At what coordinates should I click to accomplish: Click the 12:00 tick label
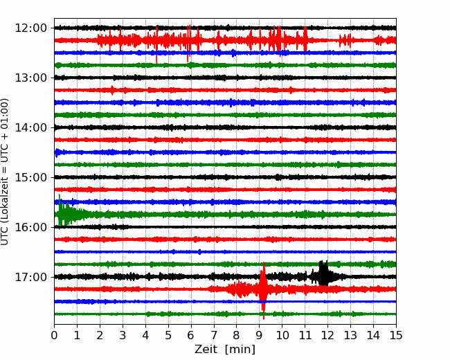coord(30,28)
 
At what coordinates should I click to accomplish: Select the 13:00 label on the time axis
coord(30,78)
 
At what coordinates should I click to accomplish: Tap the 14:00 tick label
coord(30,128)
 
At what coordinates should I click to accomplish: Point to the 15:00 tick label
coord(30,177)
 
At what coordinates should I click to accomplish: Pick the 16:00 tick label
coord(30,227)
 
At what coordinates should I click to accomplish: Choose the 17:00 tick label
coord(30,277)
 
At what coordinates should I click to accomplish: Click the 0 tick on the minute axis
coord(54,335)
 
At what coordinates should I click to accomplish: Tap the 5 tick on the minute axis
coord(168,335)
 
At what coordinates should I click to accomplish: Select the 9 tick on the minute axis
coord(260,335)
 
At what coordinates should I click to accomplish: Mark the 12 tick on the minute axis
coord(327,335)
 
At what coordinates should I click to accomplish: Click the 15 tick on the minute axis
coord(396,335)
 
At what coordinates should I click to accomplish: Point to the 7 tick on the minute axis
coord(214,335)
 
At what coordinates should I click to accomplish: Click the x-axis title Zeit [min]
coord(225,350)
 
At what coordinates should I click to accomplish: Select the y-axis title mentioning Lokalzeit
coord(5,172)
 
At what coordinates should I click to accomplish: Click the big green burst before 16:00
coord(64,212)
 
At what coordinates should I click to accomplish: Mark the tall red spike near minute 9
coord(263,290)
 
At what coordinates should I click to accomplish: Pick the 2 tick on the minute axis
coord(100,335)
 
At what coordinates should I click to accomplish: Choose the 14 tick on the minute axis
coord(373,335)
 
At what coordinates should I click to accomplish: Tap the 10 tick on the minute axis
coord(282,335)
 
